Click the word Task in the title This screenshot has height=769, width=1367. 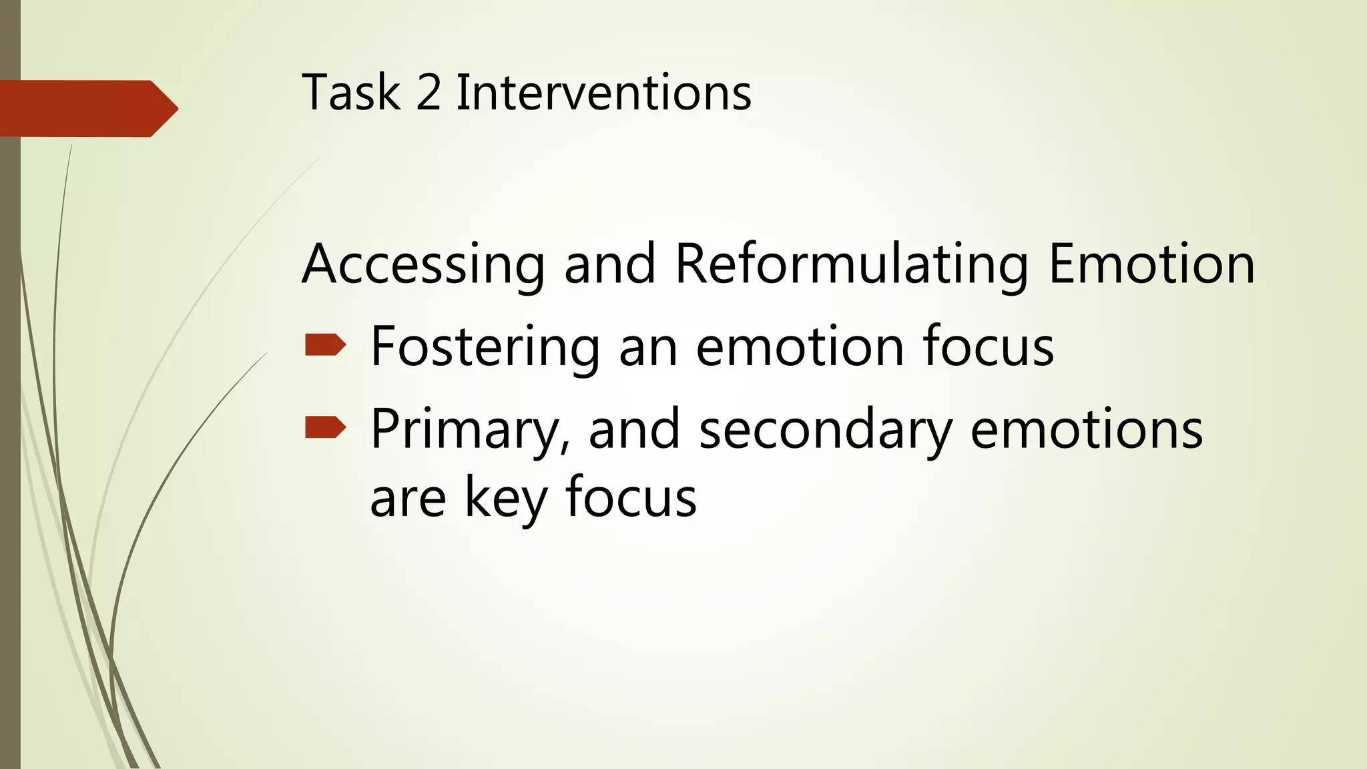[351, 92]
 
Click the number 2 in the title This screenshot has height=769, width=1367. [429, 92]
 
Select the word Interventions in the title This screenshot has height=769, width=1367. [603, 92]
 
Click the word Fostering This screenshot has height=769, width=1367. [485, 347]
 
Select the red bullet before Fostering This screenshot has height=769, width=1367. [325, 345]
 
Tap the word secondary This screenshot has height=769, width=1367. [825, 430]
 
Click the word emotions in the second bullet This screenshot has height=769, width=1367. [1086, 430]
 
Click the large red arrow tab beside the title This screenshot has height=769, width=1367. [87, 109]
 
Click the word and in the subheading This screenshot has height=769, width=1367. [609, 264]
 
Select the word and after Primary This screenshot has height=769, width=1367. [634, 430]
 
